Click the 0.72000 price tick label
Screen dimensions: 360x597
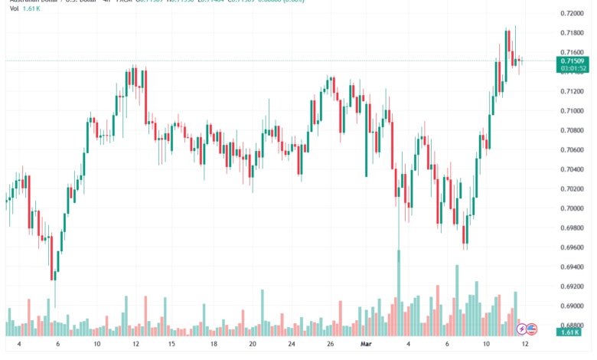pyautogui.click(x=573, y=14)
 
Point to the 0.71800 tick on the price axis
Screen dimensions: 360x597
pyautogui.click(x=573, y=33)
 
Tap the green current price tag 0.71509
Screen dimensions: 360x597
pyautogui.click(x=573, y=61)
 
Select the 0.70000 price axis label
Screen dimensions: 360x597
pyautogui.click(x=573, y=208)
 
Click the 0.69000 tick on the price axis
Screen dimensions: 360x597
pyautogui.click(x=573, y=306)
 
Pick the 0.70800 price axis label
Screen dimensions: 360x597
pyautogui.click(x=573, y=130)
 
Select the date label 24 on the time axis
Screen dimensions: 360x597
pyautogui.click(x=292, y=345)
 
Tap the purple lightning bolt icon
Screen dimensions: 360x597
pyautogui.click(x=522, y=329)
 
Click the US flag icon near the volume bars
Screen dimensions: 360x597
pyautogui.click(x=532, y=329)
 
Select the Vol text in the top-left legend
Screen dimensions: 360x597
pyautogui.click(x=14, y=8)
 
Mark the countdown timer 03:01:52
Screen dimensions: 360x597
pyautogui.click(x=573, y=69)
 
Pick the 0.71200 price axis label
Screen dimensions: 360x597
pyautogui.click(x=573, y=91)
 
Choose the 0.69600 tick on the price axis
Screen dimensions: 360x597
pyautogui.click(x=573, y=247)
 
